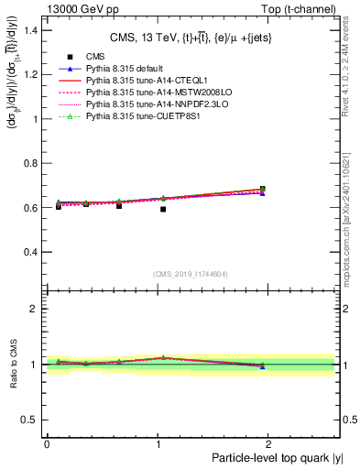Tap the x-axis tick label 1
(162, 443)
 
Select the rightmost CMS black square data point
(263, 190)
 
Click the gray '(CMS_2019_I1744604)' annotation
(191, 274)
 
